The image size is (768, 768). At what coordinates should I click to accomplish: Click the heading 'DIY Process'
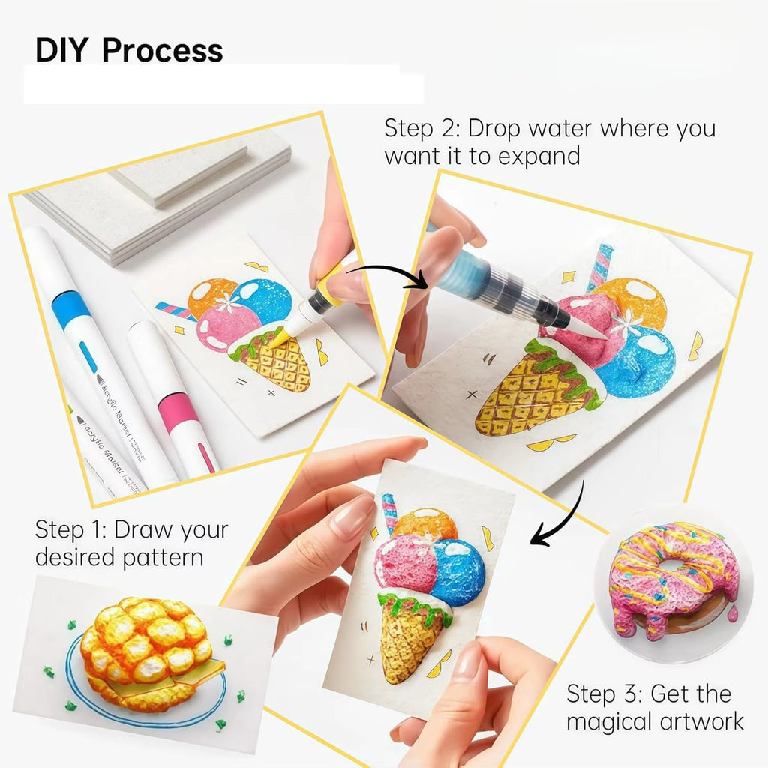129,51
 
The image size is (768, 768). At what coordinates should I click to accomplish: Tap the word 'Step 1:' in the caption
70,530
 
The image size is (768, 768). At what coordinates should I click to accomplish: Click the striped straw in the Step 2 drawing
600,267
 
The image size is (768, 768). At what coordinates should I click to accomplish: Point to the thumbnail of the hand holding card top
352,517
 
